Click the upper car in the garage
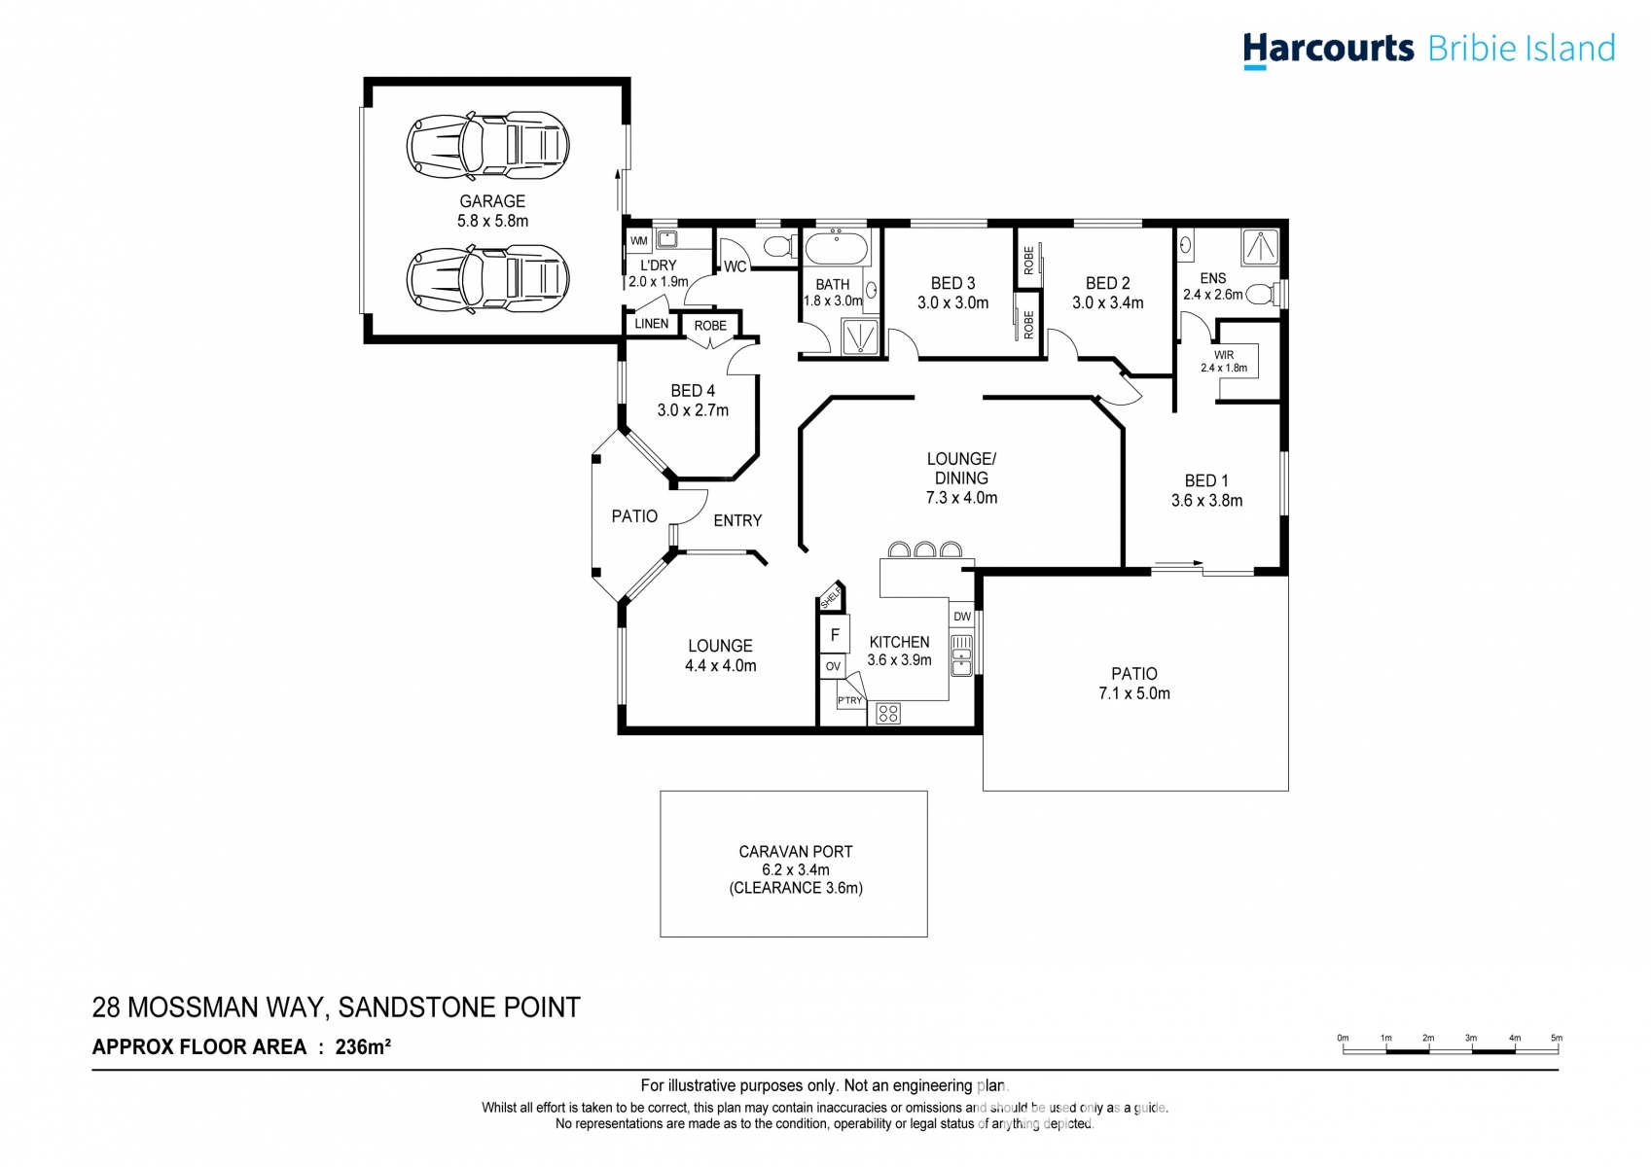click(x=487, y=145)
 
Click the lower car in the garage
click(x=487, y=278)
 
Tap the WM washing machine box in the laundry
click(x=638, y=240)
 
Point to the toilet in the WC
click(x=779, y=246)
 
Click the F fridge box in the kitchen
click(x=835, y=635)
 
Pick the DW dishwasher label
click(x=961, y=617)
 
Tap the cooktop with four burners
click(x=887, y=714)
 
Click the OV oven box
click(x=833, y=667)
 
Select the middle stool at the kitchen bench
click(x=924, y=550)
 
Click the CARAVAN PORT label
click(x=795, y=852)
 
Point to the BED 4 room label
click(x=692, y=391)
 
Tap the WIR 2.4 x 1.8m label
click(x=1223, y=362)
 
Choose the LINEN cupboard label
click(x=651, y=324)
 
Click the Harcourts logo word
click(x=1327, y=49)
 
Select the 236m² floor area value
click(x=363, y=1047)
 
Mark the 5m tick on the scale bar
click(x=1557, y=1039)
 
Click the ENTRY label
click(x=737, y=521)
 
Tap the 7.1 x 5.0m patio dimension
click(x=1133, y=694)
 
